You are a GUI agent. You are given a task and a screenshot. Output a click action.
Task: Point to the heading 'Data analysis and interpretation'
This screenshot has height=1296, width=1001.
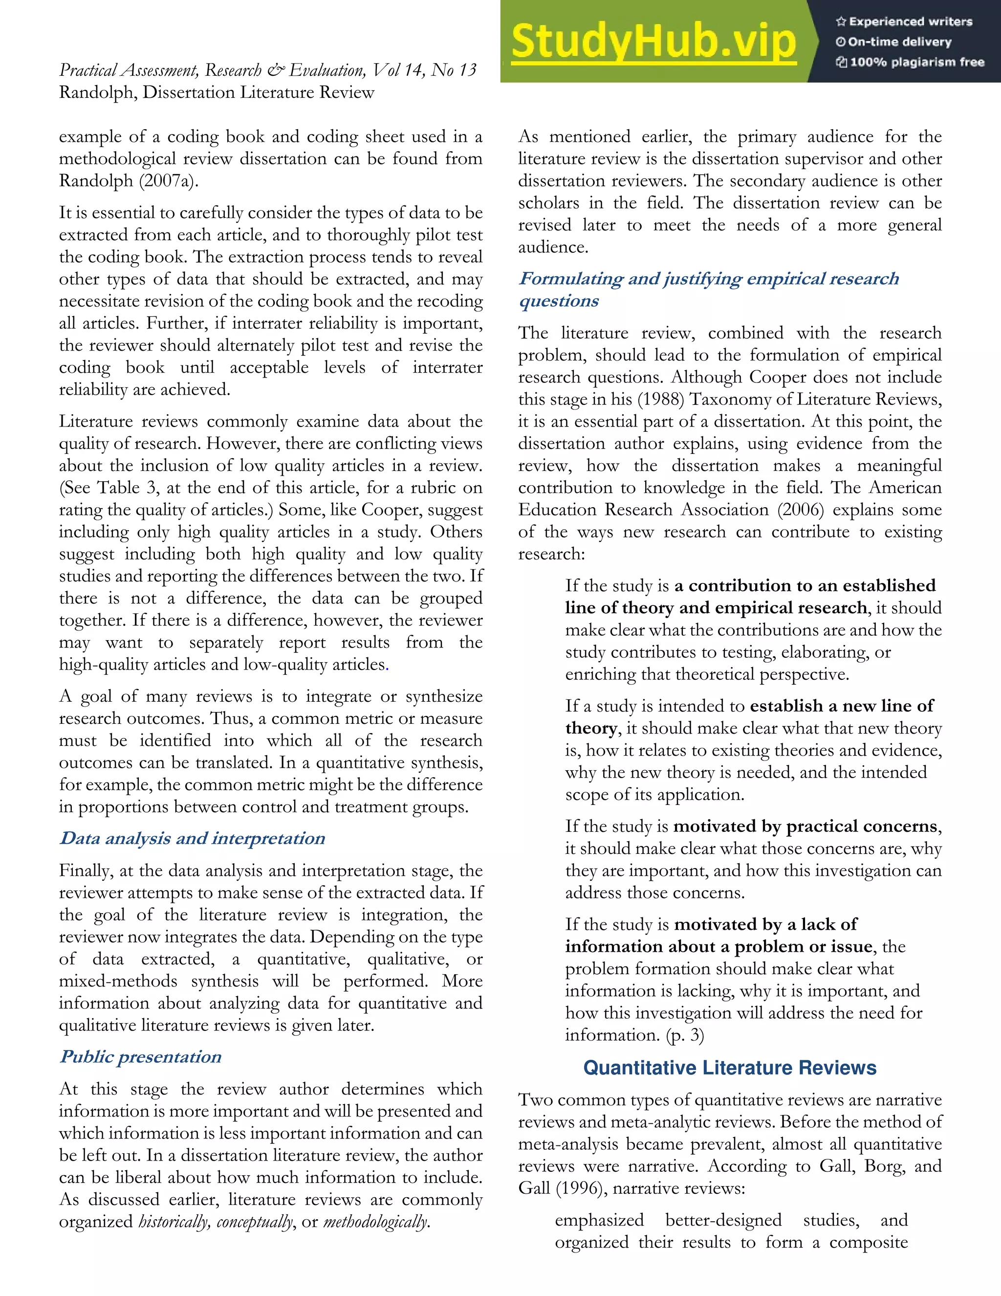click(x=192, y=838)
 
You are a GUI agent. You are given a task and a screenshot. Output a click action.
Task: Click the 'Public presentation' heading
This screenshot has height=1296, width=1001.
click(x=141, y=1057)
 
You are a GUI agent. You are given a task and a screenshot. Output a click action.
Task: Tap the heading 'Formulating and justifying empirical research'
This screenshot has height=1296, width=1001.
click(x=709, y=278)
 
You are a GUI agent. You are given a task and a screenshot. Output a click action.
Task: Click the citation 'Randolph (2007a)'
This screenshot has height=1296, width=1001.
click(x=128, y=181)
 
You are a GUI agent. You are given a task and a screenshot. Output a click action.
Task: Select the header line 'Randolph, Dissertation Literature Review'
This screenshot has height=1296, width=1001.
click(x=217, y=92)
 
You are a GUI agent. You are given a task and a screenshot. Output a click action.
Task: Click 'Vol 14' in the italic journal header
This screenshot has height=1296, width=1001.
click(x=397, y=70)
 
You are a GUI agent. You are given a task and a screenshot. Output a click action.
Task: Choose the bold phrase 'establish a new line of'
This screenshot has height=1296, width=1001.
click(x=842, y=706)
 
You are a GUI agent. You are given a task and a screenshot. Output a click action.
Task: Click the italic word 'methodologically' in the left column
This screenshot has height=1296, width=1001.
click(x=375, y=1222)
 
